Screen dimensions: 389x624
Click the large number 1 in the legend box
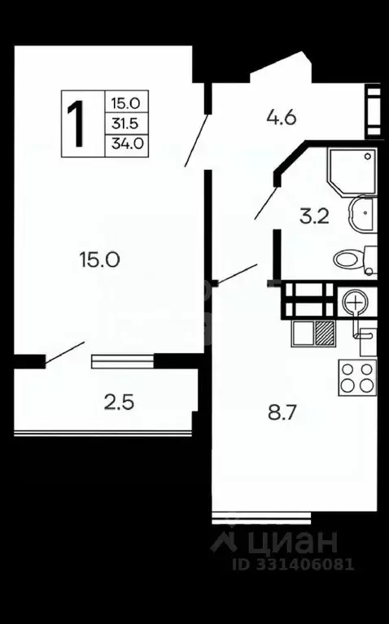click(x=75, y=124)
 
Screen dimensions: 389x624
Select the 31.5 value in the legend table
click(x=125, y=124)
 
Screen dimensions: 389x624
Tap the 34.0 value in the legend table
click(x=127, y=143)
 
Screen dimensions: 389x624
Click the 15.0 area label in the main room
click(x=99, y=260)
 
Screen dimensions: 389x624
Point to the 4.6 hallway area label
click(x=282, y=118)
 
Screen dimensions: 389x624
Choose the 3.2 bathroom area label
click(x=315, y=217)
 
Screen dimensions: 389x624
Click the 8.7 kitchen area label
click(x=282, y=412)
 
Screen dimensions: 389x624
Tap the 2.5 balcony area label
click(x=119, y=402)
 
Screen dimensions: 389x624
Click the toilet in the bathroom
click(x=355, y=260)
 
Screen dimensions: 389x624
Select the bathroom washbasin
click(x=363, y=214)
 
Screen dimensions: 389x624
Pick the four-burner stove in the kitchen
click(x=357, y=377)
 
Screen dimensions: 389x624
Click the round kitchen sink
click(x=354, y=302)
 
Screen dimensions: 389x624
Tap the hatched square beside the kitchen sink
click(x=325, y=333)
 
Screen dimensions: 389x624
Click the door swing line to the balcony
click(x=65, y=352)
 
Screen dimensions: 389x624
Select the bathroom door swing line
click(x=265, y=203)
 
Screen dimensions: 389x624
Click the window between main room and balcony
click(x=123, y=361)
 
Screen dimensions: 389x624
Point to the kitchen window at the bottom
click(x=261, y=517)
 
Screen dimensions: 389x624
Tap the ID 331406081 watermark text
click(x=293, y=565)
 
